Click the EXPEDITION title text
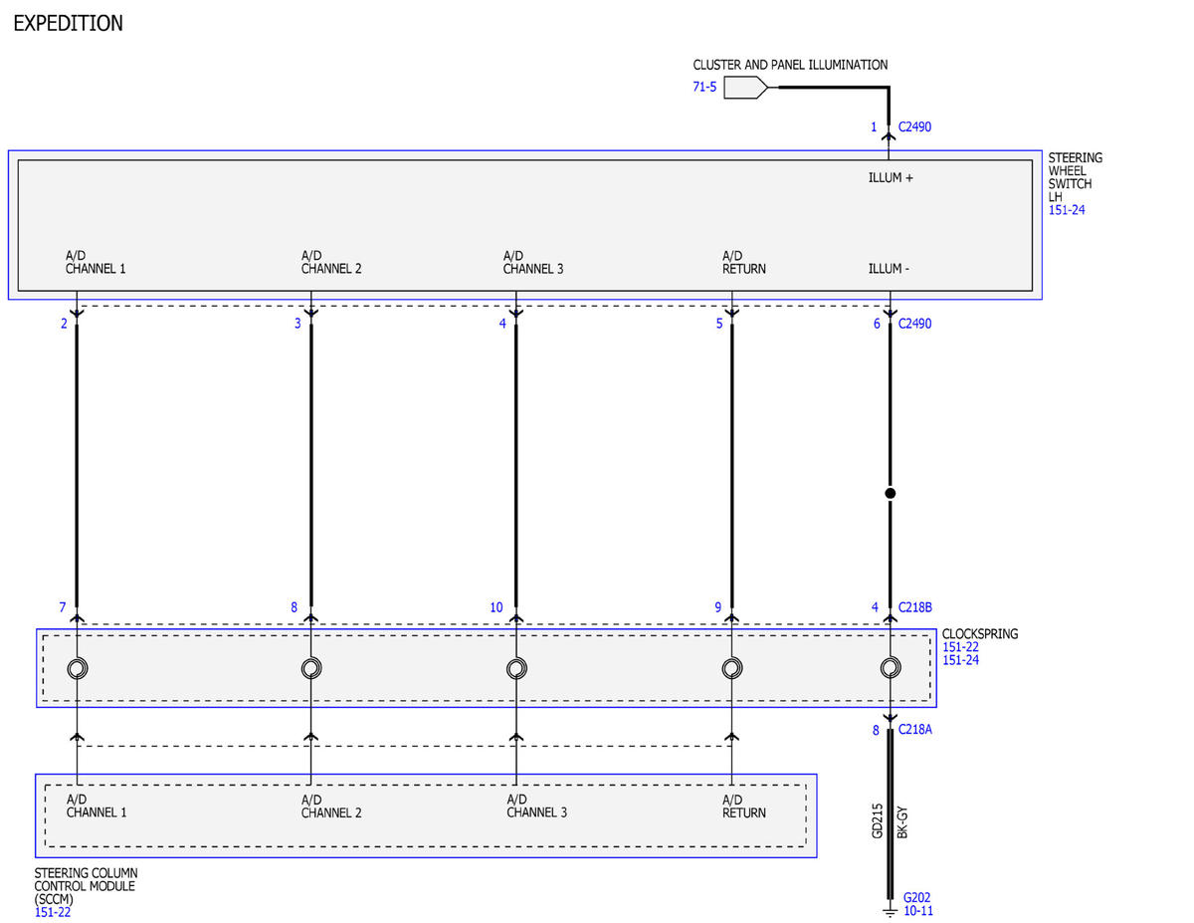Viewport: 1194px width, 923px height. (68, 23)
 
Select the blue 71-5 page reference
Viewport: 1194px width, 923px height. (704, 87)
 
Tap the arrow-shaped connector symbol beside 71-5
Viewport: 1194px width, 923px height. (745, 88)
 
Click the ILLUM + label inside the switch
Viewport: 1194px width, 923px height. (891, 177)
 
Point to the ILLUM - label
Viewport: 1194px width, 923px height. (889, 269)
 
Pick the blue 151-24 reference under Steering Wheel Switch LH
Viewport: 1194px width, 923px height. (1067, 210)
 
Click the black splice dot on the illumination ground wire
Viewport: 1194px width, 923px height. (891, 493)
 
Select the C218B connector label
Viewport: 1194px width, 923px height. (914, 607)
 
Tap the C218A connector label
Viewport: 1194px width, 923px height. (914, 730)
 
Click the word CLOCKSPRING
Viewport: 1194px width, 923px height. (980, 634)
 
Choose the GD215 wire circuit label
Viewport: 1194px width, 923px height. (877, 821)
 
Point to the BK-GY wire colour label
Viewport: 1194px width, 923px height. (902, 822)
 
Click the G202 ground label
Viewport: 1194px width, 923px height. (917, 898)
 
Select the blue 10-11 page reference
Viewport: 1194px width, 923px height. (918, 911)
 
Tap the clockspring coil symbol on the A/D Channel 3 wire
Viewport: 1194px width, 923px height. (516, 668)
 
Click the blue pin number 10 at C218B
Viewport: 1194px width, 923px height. (497, 607)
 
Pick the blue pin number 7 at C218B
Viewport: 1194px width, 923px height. (62, 607)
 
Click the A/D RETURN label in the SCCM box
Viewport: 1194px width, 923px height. (744, 807)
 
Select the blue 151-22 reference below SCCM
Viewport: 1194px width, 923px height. (53, 913)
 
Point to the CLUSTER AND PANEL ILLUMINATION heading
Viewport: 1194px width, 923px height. (790, 65)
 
